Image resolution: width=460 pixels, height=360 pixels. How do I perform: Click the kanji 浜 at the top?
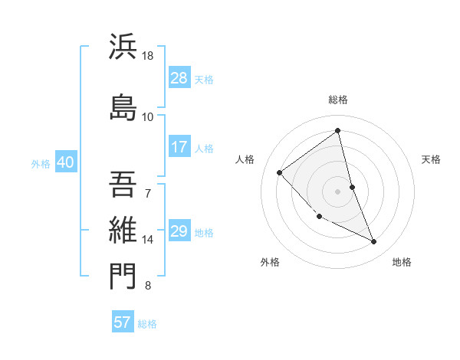pos(123,47)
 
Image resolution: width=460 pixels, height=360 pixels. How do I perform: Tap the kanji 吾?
pos(123,182)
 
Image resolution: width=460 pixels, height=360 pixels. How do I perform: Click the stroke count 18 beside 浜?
pos(148,57)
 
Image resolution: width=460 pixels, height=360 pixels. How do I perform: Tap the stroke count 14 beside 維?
pos(148,240)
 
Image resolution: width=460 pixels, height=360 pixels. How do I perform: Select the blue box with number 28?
pos(179,77)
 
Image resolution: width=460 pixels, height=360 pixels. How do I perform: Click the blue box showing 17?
pos(179,147)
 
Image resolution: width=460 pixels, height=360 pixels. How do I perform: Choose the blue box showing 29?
pos(179,232)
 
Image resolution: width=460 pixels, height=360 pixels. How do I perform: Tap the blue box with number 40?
pos(65,162)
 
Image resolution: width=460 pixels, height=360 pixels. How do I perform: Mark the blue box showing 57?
pos(123,322)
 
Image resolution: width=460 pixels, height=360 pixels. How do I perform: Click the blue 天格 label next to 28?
pos(204,79)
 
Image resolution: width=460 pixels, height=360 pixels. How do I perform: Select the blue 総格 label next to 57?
pos(147,324)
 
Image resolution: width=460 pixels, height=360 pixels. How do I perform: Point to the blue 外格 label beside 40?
pos(41,164)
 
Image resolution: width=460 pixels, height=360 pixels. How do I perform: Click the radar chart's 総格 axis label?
pos(337,100)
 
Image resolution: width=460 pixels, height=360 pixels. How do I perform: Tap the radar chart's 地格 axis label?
pos(402,262)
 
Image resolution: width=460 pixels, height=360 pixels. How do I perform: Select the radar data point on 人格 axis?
pos(280,172)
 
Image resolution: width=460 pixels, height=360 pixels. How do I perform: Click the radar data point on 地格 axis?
pos(373,241)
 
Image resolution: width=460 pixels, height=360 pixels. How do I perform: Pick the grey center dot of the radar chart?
pos(337,191)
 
